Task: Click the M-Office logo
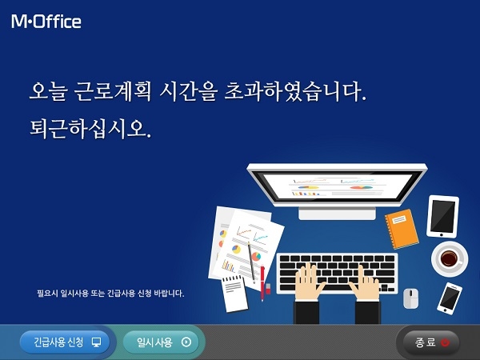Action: pos(46,22)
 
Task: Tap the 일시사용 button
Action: pos(161,342)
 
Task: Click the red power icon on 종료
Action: pos(445,342)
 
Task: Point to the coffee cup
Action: pos(449,258)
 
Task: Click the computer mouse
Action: pos(410,298)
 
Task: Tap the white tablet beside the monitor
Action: pos(442,215)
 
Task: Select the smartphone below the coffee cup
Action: pos(450,298)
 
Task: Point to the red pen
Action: pos(262,280)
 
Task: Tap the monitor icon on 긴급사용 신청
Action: pos(97,342)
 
